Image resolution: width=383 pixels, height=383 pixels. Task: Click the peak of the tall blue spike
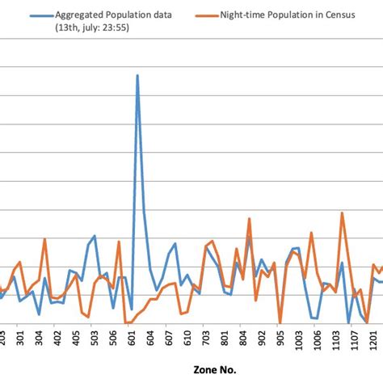point(137,75)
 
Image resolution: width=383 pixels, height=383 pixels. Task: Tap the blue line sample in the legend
point(36,15)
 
